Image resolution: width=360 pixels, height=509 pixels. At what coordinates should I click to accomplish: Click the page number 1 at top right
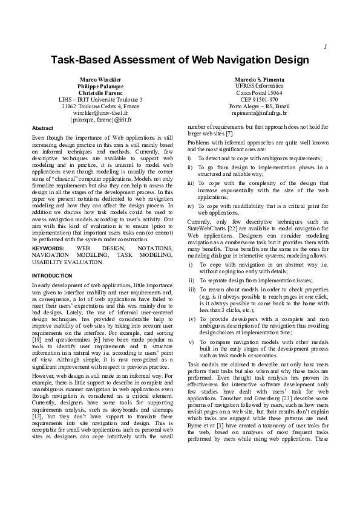click(326, 47)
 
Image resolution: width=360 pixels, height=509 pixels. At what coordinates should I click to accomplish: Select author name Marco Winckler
click(100, 80)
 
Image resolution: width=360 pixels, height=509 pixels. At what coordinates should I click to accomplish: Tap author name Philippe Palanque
click(100, 86)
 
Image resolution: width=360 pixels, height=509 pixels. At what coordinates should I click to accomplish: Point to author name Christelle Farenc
click(100, 92)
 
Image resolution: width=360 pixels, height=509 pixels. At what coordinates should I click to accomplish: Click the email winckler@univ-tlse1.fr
click(100, 112)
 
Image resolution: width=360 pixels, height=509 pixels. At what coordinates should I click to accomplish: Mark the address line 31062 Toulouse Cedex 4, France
click(100, 106)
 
